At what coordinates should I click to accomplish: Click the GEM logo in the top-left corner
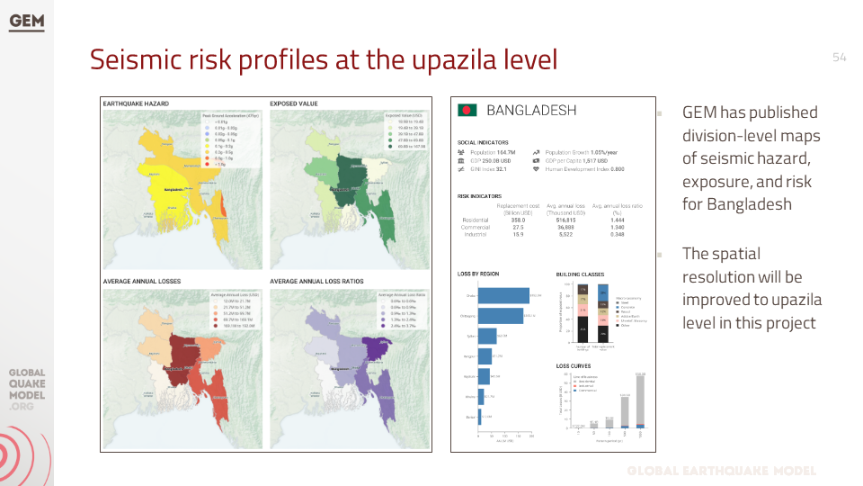pos(26,22)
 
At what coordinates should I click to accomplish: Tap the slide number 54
pos(840,57)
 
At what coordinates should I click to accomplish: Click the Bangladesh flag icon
pos(467,110)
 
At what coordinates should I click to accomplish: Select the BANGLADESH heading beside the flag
pos(530,110)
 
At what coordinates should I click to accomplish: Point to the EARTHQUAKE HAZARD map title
pos(136,103)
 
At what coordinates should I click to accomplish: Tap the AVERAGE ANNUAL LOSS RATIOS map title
pos(316,281)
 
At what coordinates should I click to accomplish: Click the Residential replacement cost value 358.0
pos(518,220)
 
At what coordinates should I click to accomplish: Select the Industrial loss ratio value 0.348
pos(617,234)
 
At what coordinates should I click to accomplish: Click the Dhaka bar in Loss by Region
pos(503,295)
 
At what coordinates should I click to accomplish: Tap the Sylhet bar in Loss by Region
pos(486,336)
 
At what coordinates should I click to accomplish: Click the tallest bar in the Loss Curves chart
pos(640,401)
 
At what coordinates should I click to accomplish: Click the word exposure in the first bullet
pos(718,181)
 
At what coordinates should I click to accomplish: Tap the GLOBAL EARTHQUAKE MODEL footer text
pos(721,471)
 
